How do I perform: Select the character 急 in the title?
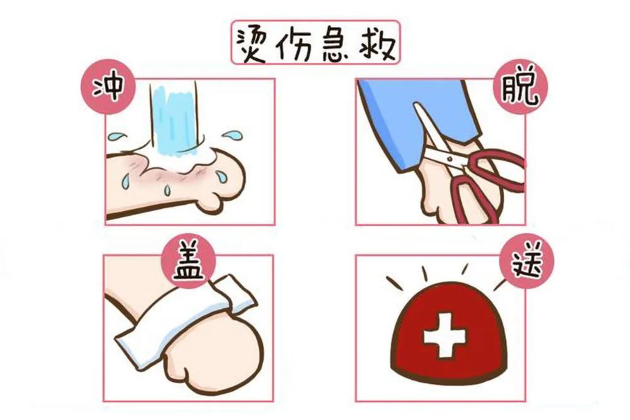point(338,43)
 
